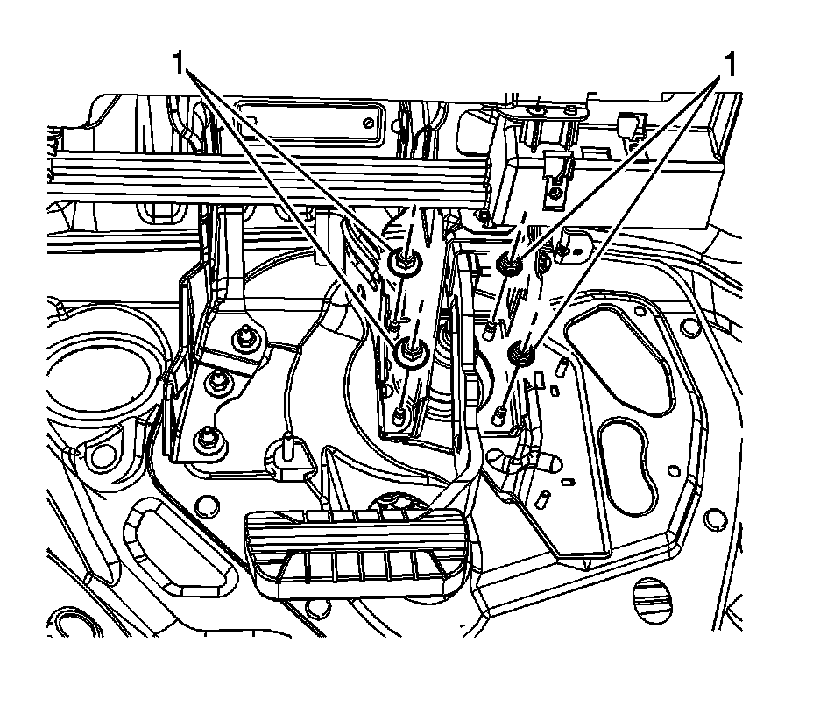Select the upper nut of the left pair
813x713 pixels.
(405, 260)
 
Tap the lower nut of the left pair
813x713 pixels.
(409, 352)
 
